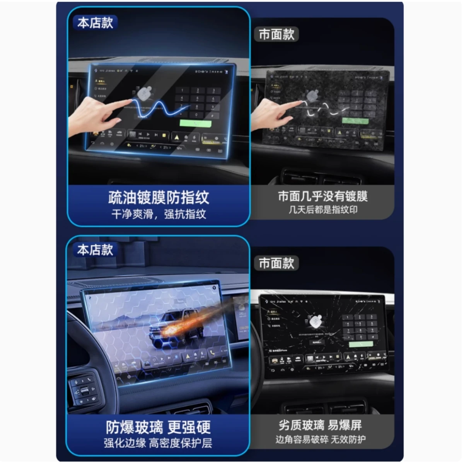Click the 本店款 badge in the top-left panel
(x=95, y=23)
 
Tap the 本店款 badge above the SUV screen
(x=95, y=250)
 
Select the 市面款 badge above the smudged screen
(x=276, y=34)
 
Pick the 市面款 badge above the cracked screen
(x=276, y=263)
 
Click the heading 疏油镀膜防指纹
(x=159, y=198)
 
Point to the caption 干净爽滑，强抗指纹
(x=159, y=214)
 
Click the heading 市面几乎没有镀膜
(x=322, y=196)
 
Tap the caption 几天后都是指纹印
(x=322, y=210)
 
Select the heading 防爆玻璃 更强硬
(x=159, y=427)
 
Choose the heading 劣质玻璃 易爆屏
(x=320, y=425)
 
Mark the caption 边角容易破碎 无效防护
(x=320, y=440)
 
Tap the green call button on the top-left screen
(x=196, y=124)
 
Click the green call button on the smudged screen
(x=355, y=121)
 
